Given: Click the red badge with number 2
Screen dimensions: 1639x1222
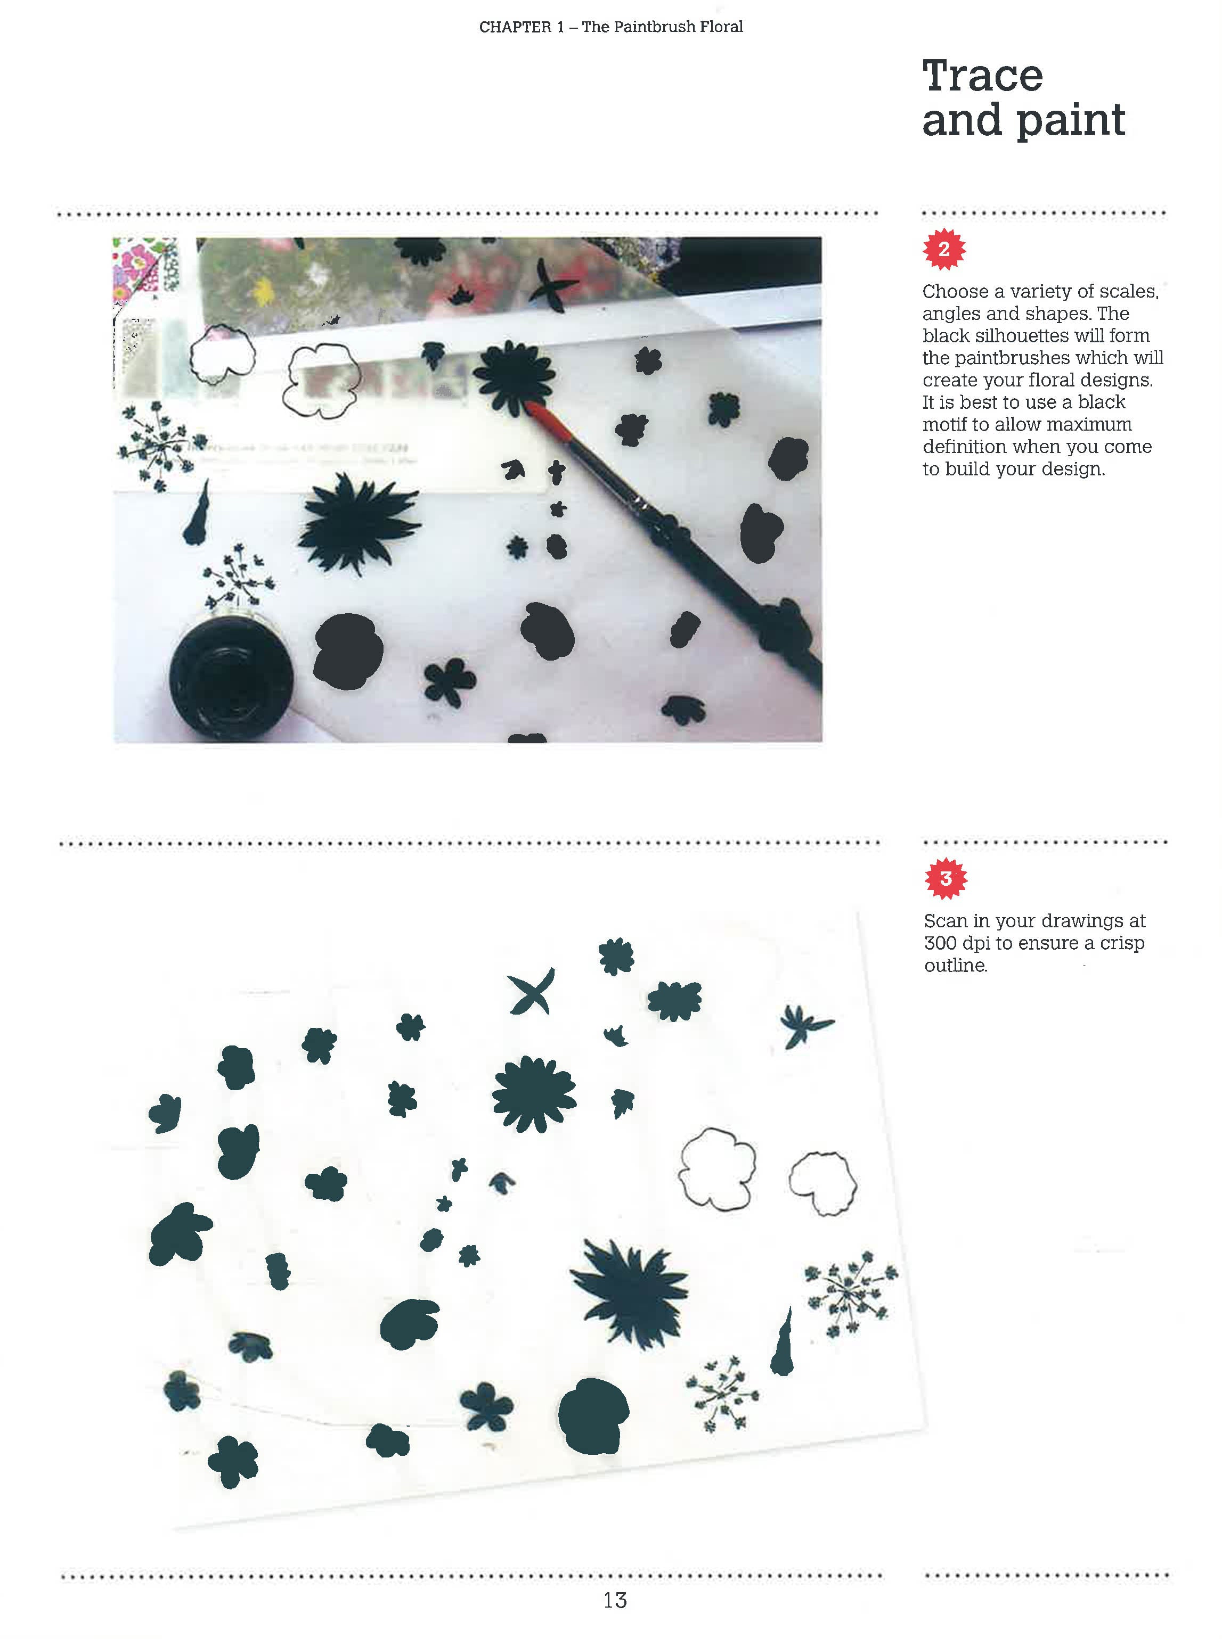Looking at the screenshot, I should pos(944,249).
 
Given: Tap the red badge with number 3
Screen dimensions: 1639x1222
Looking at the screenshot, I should pos(946,878).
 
